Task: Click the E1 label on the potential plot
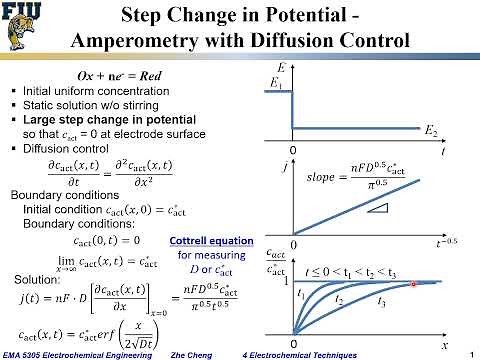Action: click(276, 87)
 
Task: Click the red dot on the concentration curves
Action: click(412, 285)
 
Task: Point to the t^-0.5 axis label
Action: click(436, 243)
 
